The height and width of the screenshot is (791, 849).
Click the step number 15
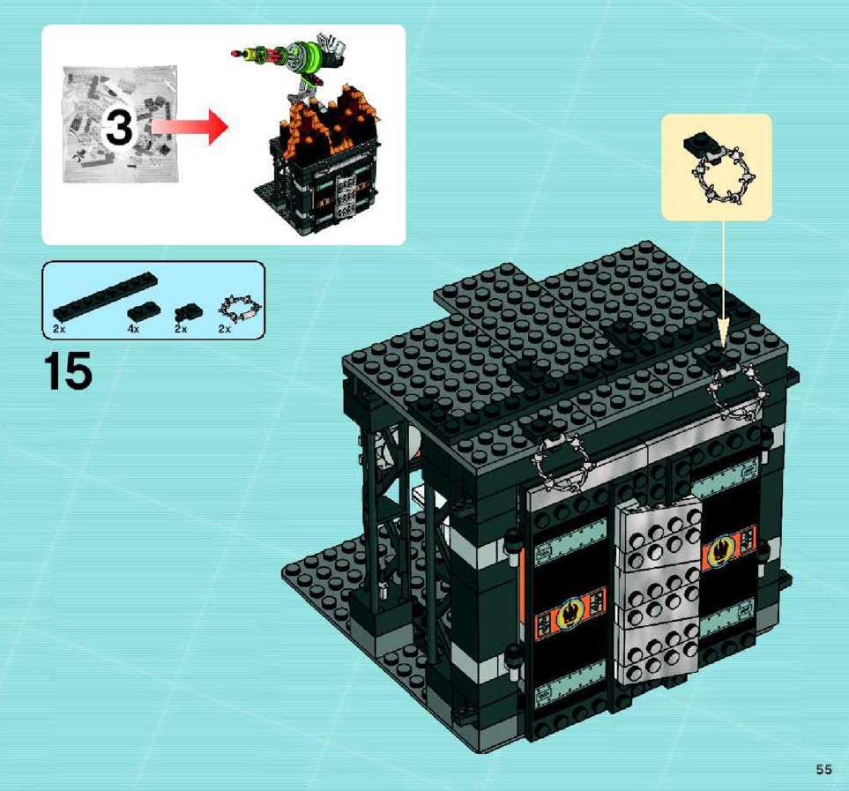69,370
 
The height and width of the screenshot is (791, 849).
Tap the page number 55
824,769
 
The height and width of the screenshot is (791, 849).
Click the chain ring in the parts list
239,310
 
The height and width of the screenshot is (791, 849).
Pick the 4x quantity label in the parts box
133,329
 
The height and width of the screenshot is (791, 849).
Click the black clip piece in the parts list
188,312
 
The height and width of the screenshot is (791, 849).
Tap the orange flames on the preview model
329,123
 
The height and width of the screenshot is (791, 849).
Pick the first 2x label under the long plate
58,329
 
